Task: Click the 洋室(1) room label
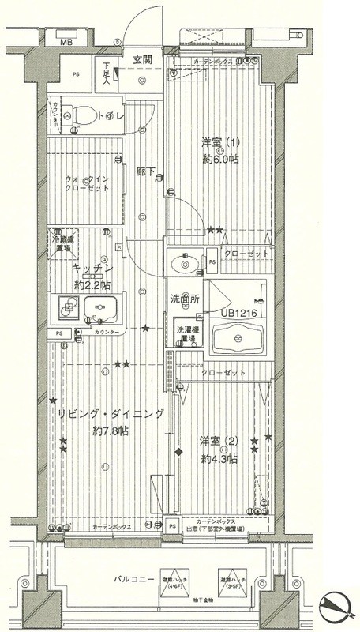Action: pyautogui.click(x=219, y=144)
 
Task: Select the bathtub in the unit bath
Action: pyautogui.click(x=238, y=340)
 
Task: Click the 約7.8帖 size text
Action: pyautogui.click(x=111, y=431)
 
